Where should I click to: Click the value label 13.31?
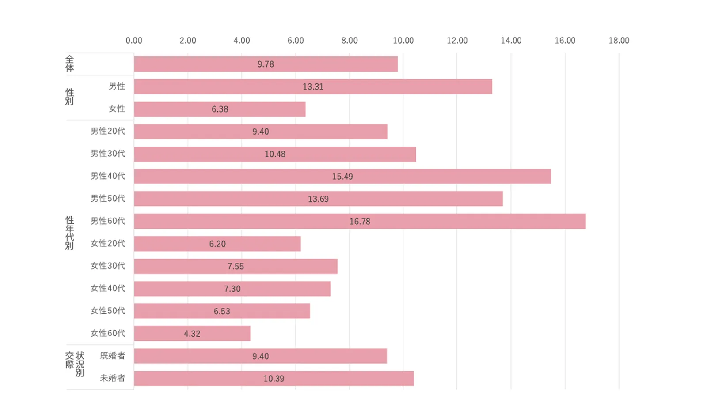(x=313, y=87)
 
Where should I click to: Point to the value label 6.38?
(x=220, y=109)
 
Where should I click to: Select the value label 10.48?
(x=275, y=154)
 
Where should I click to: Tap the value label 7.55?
(x=236, y=266)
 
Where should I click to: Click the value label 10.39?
(x=274, y=379)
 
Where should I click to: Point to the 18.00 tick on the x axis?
(x=619, y=41)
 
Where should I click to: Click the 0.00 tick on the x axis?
(x=134, y=41)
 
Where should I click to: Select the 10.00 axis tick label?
(x=403, y=41)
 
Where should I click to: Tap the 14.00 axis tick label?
(x=511, y=41)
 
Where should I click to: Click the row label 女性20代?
(x=108, y=243)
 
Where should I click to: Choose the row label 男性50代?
(x=108, y=198)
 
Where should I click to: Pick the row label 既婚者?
(x=112, y=355)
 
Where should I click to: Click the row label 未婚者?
(x=112, y=378)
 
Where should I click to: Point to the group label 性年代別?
(x=69, y=233)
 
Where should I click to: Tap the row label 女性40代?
(x=108, y=288)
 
